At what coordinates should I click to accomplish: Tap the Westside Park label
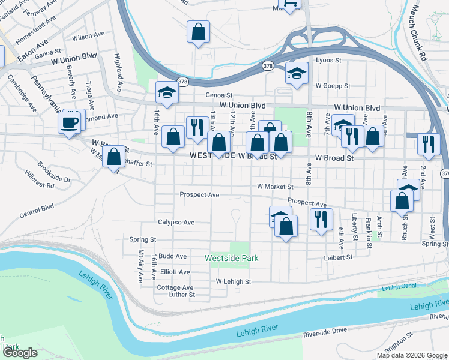231,258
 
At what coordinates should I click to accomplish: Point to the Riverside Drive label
325,331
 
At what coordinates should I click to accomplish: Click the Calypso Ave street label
176,222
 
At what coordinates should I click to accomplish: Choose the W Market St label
275,187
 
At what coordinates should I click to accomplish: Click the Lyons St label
328,61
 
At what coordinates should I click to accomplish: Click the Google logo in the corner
20,353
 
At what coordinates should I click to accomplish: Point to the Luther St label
181,295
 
